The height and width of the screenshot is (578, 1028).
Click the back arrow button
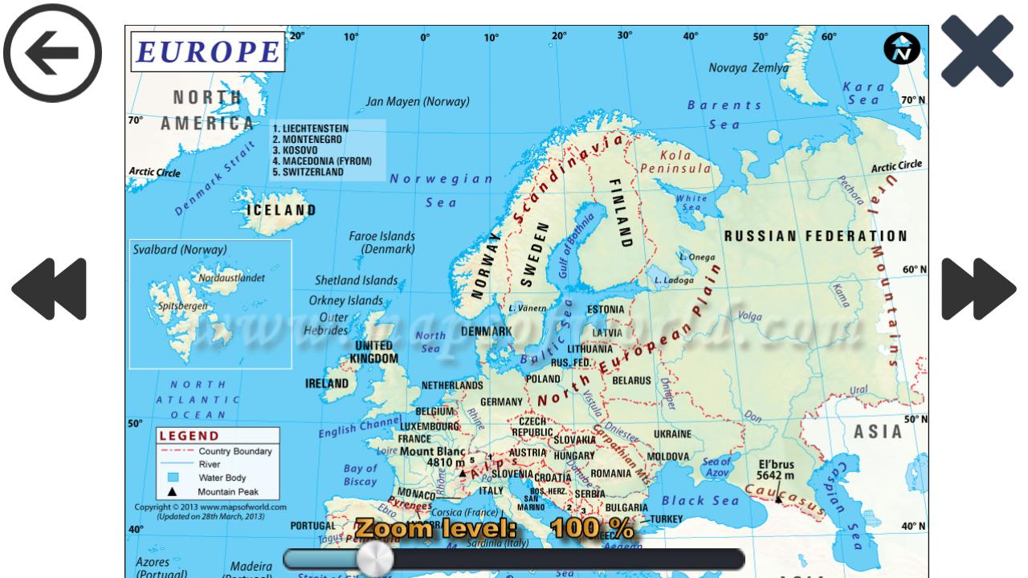(x=53, y=52)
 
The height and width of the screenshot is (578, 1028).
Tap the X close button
(x=977, y=51)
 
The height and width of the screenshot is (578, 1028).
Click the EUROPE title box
(x=207, y=51)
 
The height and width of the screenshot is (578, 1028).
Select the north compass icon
(x=902, y=50)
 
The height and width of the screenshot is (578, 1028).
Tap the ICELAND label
(x=281, y=210)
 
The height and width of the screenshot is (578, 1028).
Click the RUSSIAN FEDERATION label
(x=816, y=237)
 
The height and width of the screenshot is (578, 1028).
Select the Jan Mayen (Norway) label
(x=418, y=102)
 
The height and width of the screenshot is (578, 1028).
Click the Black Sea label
(x=700, y=501)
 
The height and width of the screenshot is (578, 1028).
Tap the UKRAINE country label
(x=672, y=434)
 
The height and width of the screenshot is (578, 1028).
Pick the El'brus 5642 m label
(x=776, y=470)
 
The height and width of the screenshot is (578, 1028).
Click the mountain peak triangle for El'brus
(x=777, y=499)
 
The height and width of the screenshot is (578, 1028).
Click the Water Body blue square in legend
(x=173, y=478)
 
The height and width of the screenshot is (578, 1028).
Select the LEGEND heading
(x=189, y=436)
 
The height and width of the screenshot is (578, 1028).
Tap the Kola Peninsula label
(x=675, y=162)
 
